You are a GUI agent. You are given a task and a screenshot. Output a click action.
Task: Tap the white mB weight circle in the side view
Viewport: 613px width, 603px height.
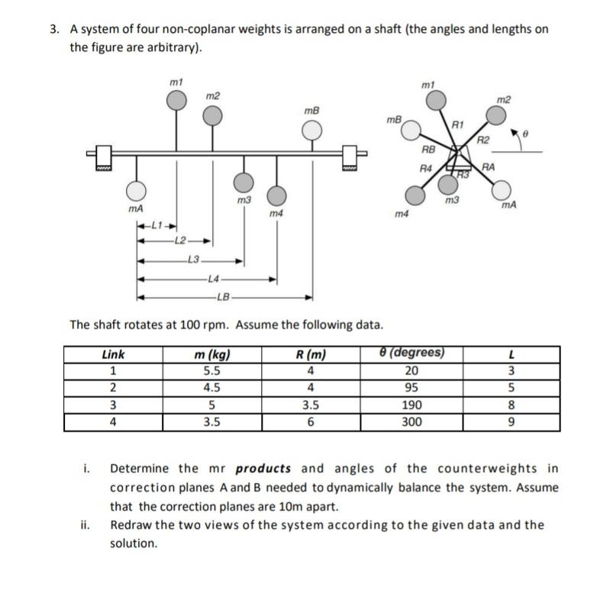tap(311, 132)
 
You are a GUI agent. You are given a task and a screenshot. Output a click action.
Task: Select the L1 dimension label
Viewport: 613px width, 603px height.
tap(156, 225)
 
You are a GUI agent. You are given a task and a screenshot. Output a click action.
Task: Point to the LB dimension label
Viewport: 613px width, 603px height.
tap(222, 296)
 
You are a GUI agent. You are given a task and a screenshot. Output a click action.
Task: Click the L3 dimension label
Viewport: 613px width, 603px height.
tap(193, 260)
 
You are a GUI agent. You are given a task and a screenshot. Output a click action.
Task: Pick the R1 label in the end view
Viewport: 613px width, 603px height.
tap(458, 124)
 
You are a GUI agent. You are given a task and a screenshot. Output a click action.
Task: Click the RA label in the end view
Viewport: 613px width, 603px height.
tap(489, 166)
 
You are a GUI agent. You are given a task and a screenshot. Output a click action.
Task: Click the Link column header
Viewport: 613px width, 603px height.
tap(113, 354)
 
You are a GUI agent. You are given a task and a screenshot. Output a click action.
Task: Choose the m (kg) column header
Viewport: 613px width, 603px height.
tap(212, 354)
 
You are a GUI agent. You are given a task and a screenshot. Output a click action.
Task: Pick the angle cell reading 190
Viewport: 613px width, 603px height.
tap(411, 405)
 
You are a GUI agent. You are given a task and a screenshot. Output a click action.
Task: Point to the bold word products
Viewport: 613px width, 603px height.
tap(265, 469)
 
